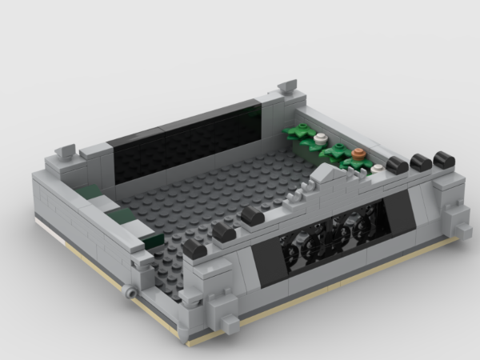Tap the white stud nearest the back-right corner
321,138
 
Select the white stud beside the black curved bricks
377,167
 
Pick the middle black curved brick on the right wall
421,162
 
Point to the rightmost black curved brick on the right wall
442,157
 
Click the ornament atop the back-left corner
66,150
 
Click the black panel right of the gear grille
398,214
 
